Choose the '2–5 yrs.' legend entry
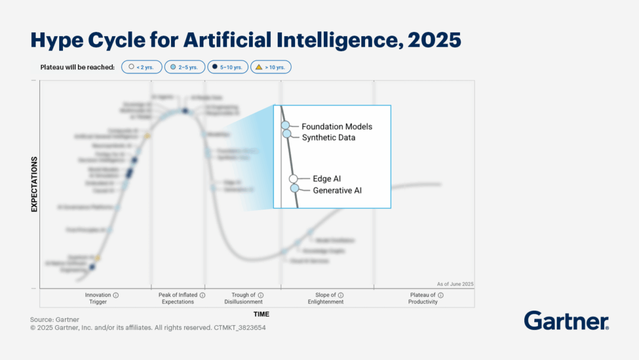(x=185, y=67)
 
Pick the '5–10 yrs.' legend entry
(x=227, y=67)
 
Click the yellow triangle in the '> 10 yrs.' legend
(x=259, y=67)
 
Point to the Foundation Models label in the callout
(x=337, y=127)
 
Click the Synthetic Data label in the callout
(x=328, y=137)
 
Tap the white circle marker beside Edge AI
(x=293, y=179)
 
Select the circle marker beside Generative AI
(x=295, y=188)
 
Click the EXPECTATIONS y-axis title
(x=35, y=185)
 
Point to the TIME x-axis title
(x=261, y=314)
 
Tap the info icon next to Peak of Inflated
(x=203, y=295)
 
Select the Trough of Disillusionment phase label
(x=243, y=298)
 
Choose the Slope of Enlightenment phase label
(x=325, y=298)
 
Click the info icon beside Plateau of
(x=441, y=295)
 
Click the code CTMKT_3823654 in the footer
(x=240, y=327)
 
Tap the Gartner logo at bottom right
(x=566, y=321)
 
